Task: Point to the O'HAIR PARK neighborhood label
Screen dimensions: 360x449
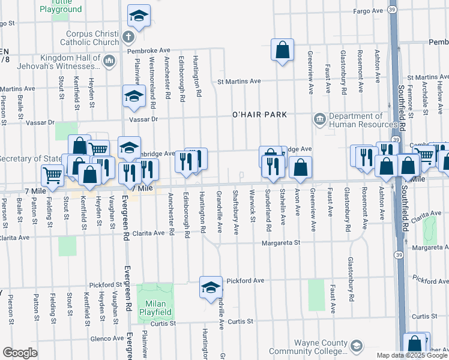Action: [260, 115]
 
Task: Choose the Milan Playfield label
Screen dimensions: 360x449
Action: [156, 308]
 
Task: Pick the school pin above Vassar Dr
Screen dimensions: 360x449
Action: [134, 96]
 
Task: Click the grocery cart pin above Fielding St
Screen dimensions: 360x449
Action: [53, 175]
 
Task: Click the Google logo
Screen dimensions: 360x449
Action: [19, 353]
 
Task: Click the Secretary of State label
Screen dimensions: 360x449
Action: [30, 159]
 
